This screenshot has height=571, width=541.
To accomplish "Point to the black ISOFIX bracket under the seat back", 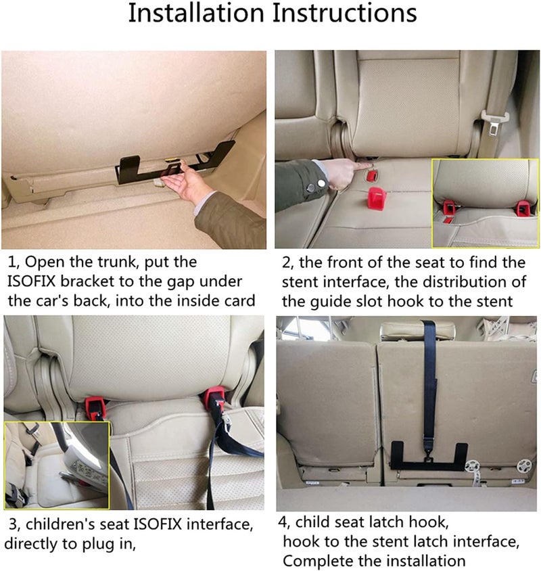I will point(135,166).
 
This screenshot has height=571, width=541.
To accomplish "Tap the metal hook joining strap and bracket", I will point(427,454).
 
